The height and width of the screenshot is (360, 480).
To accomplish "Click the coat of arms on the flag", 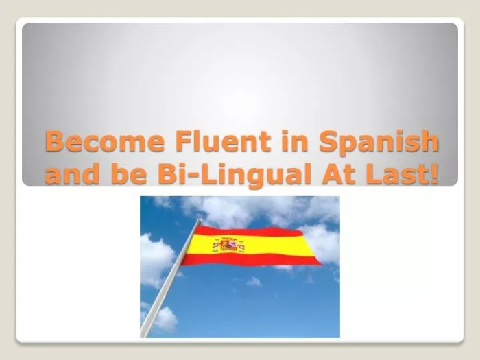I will [229, 245].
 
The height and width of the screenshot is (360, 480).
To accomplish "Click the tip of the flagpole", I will [198, 221].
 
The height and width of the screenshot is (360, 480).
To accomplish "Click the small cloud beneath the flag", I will [254, 281].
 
